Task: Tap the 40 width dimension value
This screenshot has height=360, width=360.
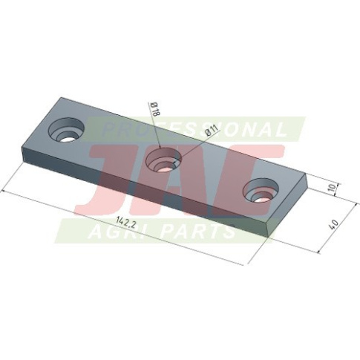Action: click(334, 223)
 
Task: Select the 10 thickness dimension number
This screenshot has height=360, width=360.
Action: click(333, 189)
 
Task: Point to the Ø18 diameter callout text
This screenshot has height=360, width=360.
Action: click(155, 109)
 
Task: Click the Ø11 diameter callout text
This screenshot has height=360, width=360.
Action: click(212, 130)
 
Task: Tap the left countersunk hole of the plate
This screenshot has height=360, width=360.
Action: click(66, 131)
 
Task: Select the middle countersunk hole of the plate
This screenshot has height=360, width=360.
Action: click(164, 161)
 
